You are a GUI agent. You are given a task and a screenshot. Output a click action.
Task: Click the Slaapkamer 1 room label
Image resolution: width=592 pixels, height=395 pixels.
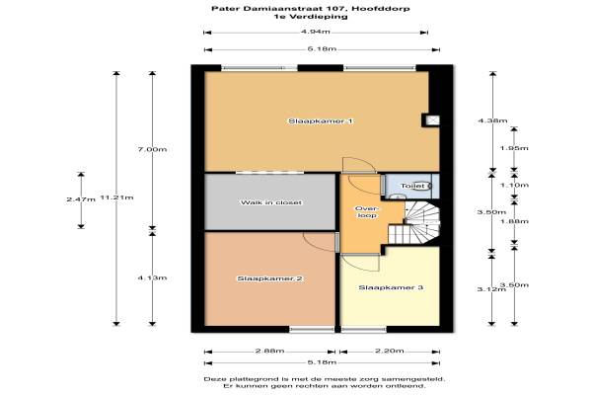(321, 121)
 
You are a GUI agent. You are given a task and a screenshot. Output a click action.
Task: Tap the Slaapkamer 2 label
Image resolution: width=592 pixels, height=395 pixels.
(269, 278)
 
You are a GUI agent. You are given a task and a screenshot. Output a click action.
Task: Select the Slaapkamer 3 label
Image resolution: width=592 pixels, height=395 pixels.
(391, 287)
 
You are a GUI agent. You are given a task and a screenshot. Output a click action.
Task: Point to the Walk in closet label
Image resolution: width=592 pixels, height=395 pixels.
(271, 202)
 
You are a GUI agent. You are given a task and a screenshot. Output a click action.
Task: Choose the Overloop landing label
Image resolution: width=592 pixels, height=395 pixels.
(367, 212)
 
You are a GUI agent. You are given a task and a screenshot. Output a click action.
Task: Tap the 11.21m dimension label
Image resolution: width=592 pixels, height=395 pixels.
(116, 197)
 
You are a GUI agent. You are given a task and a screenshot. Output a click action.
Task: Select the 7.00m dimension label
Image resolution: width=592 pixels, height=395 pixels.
(152, 149)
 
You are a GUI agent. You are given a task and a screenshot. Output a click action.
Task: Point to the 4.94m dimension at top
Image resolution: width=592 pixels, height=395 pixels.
(316, 32)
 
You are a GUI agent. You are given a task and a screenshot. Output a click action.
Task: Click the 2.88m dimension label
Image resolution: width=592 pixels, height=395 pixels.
(269, 352)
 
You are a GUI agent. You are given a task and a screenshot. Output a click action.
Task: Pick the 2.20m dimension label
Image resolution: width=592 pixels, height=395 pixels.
(390, 352)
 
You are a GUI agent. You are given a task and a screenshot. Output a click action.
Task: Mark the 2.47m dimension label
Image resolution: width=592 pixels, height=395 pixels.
(81, 199)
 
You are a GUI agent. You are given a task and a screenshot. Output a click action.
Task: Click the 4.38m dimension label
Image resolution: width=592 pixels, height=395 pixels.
(492, 120)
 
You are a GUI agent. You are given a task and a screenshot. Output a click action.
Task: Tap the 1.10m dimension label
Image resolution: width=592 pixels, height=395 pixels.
(514, 186)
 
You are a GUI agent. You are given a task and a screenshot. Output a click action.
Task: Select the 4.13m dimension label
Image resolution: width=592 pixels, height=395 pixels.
(152, 277)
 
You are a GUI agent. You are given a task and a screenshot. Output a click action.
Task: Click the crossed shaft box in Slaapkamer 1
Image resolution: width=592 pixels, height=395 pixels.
(431, 120)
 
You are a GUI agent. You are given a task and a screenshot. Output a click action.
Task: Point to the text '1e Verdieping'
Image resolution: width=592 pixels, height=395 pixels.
(311, 16)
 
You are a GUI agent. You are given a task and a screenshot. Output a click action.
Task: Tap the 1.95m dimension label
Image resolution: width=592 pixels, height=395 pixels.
(514, 148)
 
